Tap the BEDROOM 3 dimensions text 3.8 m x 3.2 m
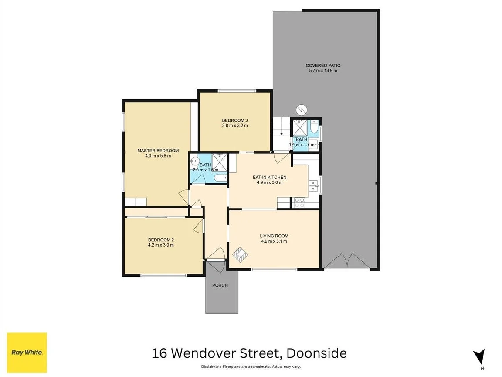click(235, 126)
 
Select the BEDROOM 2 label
click(161, 240)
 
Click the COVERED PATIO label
click(323, 65)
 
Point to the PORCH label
click(220, 285)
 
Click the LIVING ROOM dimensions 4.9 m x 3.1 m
click(274, 241)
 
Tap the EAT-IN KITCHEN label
click(269, 177)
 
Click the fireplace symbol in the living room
click(240, 253)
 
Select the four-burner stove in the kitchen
click(299, 202)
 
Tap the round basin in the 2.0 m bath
click(195, 160)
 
